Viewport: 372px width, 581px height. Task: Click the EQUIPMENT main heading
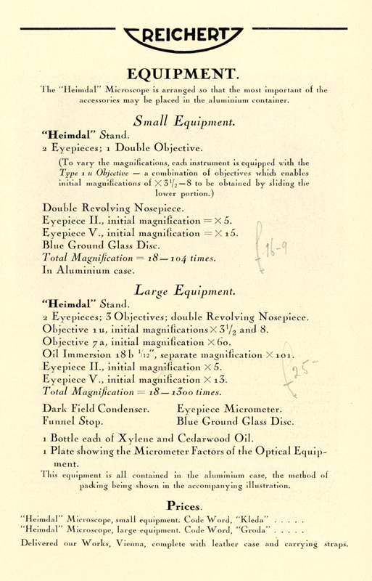(186, 74)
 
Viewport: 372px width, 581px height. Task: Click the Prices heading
(186, 503)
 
